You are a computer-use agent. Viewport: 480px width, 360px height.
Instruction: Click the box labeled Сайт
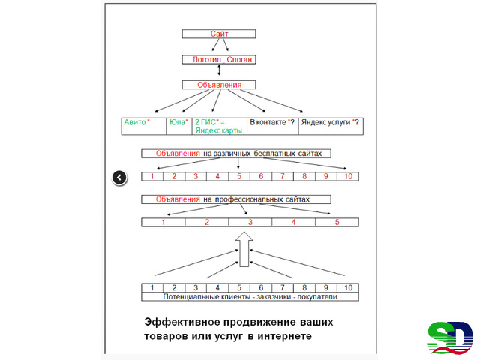(219, 34)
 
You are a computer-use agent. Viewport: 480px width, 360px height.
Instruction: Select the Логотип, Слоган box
(219, 59)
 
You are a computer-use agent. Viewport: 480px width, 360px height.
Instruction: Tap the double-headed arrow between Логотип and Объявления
(219, 70)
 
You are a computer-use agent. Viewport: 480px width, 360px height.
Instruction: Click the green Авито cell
(144, 126)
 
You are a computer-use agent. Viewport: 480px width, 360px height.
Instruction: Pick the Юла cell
(179, 126)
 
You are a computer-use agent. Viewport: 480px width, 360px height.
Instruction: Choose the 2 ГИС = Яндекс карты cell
(220, 126)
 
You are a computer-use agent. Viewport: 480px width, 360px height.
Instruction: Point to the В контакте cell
(273, 126)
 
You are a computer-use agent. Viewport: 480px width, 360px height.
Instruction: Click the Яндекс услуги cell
(331, 126)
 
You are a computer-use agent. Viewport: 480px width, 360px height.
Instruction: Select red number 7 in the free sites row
(283, 176)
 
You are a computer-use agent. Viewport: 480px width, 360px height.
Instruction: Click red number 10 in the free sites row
(348, 176)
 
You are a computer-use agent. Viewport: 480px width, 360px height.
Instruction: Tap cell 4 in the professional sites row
(293, 222)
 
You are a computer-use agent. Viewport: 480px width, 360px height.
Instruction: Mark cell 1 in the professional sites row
(163, 222)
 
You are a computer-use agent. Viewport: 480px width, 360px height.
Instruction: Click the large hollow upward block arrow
(244, 249)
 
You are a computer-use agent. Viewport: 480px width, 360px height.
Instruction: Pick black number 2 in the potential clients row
(174, 288)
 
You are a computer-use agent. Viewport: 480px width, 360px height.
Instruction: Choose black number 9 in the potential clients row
(326, 288)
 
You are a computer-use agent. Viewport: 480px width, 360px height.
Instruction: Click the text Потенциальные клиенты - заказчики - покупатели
(250, 297)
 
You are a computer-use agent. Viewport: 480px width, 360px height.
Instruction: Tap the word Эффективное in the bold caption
(182, 322)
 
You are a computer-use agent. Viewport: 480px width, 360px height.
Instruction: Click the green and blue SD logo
(450, 338)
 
